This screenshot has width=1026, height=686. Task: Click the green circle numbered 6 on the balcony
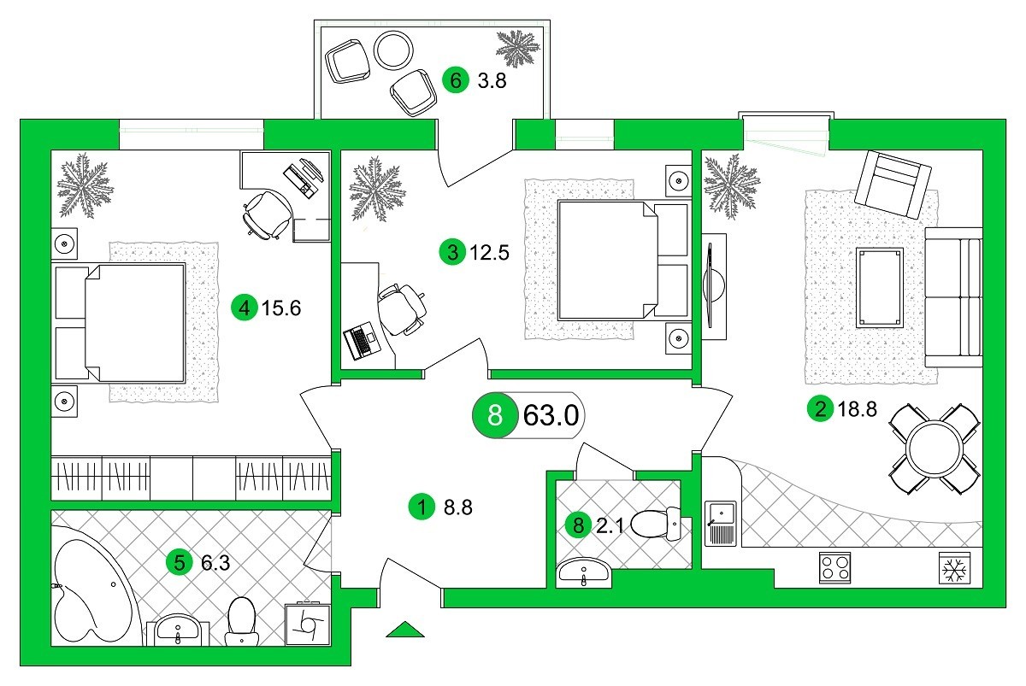pos(455,80)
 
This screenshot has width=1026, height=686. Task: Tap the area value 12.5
pos(489,253)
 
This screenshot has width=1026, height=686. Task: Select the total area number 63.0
pos(551,415)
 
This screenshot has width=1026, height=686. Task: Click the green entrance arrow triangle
pos(405,630)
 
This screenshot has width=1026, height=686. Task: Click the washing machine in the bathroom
pos(307,624)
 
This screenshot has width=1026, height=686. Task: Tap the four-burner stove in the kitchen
pos(834,567)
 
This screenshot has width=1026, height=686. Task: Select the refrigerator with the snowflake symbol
pos(954,568)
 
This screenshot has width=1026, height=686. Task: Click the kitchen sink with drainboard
pos(721,524)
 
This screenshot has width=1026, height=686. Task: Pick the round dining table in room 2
pos(935,449)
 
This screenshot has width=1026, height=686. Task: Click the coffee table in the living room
pos(880,288)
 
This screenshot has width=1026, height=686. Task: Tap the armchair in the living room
pos(893,185)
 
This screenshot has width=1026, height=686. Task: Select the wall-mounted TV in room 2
pos(712,286)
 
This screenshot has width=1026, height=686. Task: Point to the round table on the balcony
pos(393,50)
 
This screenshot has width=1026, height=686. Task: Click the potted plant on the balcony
pos(518,48)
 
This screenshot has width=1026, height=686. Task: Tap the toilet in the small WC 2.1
pos(656,524)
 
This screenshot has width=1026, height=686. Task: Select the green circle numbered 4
pos(245,308)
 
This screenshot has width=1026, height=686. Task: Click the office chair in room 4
pos(267,214)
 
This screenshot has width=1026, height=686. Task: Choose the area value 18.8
pos(857,409)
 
